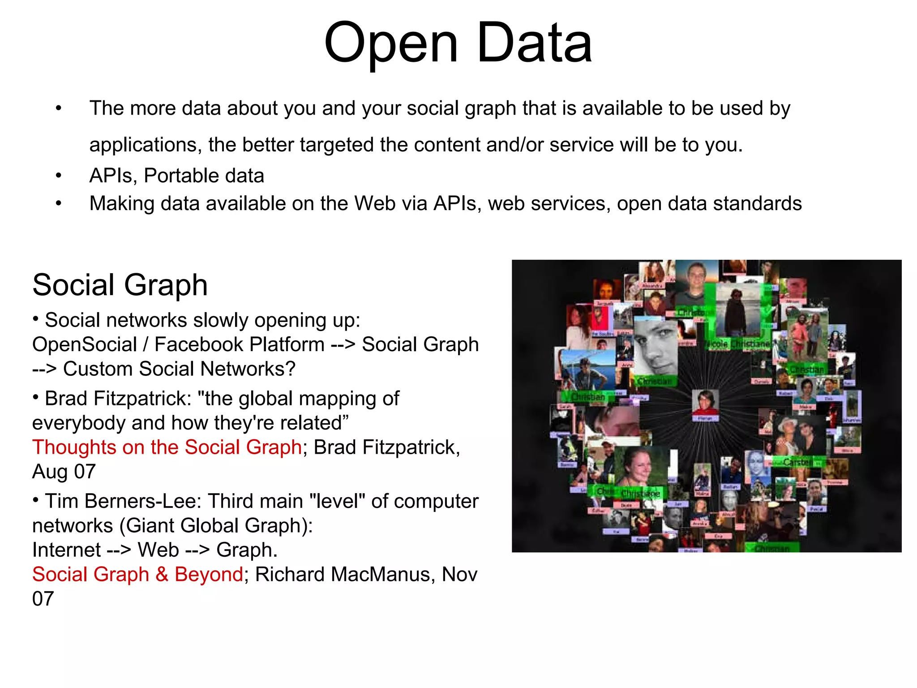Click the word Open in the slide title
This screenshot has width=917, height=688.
coord(391,44)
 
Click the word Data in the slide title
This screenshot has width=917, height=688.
coord(535,44)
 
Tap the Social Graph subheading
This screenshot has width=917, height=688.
coord(120,285)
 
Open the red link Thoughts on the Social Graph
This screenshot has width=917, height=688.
coord(167,447)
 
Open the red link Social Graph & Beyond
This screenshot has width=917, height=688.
coord(137,574)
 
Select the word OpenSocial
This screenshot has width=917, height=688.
coord(85,344)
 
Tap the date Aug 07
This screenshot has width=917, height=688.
coord(64,472)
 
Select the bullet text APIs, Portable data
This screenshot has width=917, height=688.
coord(176,176)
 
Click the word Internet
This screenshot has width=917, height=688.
coord(67,550)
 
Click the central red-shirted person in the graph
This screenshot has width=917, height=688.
coord(705,402)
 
